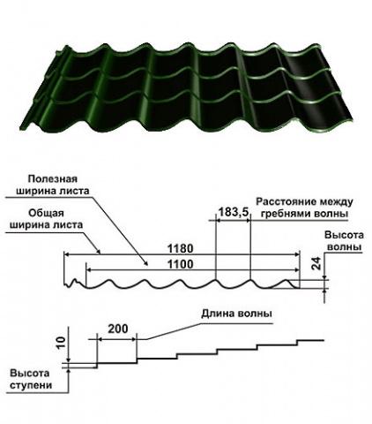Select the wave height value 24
click(x=315, y=263)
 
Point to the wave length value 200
click(x=118, y=329)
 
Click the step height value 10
click(x=62, y=344)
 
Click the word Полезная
click(x=53, y=179)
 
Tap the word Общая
click(x=47, y=213)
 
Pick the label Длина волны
click(x=236, y=314)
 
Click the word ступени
click(x=31, y=385)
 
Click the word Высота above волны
click(x=344, y=235)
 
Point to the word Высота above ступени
click(x=30, y=374)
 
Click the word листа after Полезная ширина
click(x=75, y=191)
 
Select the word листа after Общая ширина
click(x=68, y=224)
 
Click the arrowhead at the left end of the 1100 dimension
click(x=88, y=269)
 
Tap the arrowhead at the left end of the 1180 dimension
click(x=67, y=254)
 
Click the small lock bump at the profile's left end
click(x=74, y=282)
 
